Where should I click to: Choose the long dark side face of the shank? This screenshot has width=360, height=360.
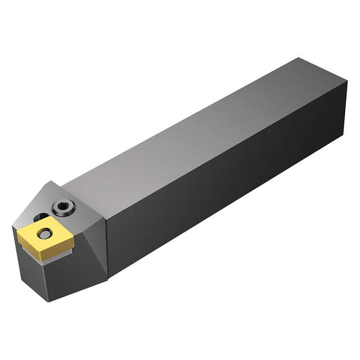tap(225, 186)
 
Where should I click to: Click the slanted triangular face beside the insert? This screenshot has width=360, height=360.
tap(90, 242)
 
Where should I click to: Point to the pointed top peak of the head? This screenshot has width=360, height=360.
tap(49, 181)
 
